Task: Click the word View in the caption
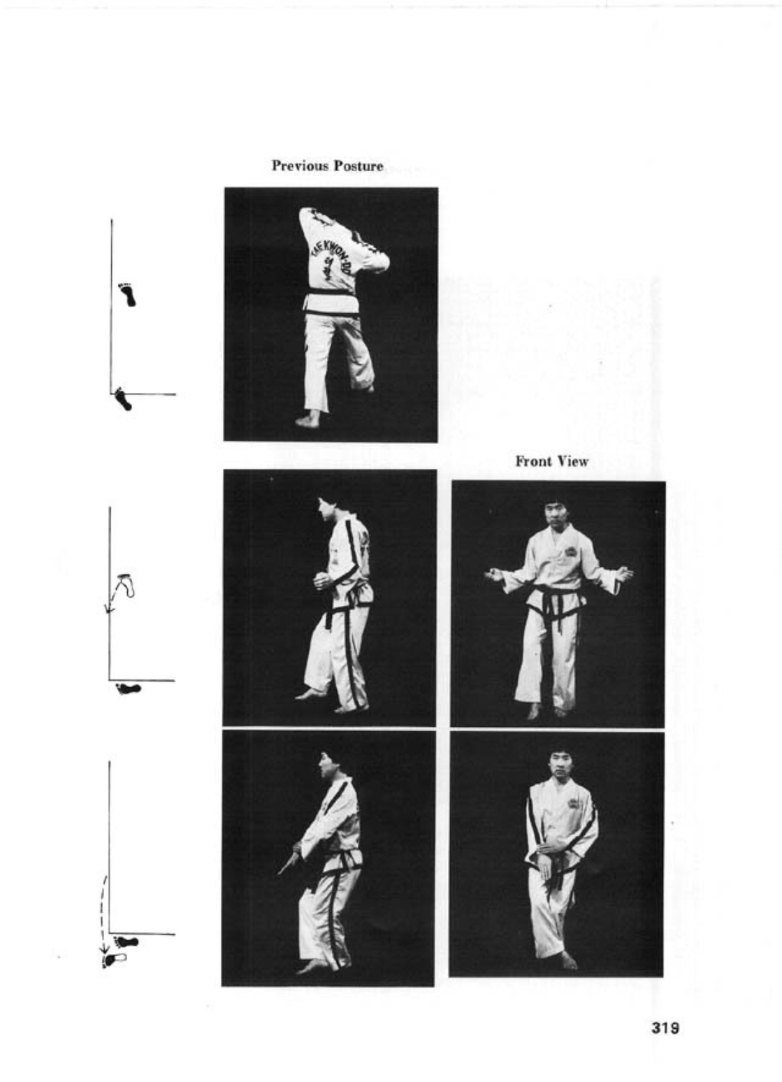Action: click(572, 461)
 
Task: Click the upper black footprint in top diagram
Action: click(128, 295)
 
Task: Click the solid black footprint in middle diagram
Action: click(128, 688)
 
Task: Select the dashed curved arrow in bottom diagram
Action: click(103, 909)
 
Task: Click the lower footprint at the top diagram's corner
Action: click(123, 399)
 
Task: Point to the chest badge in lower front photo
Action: click(577, 802)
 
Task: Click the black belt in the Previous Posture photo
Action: click(333, 291)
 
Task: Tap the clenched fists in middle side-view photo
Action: click(321, 581)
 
